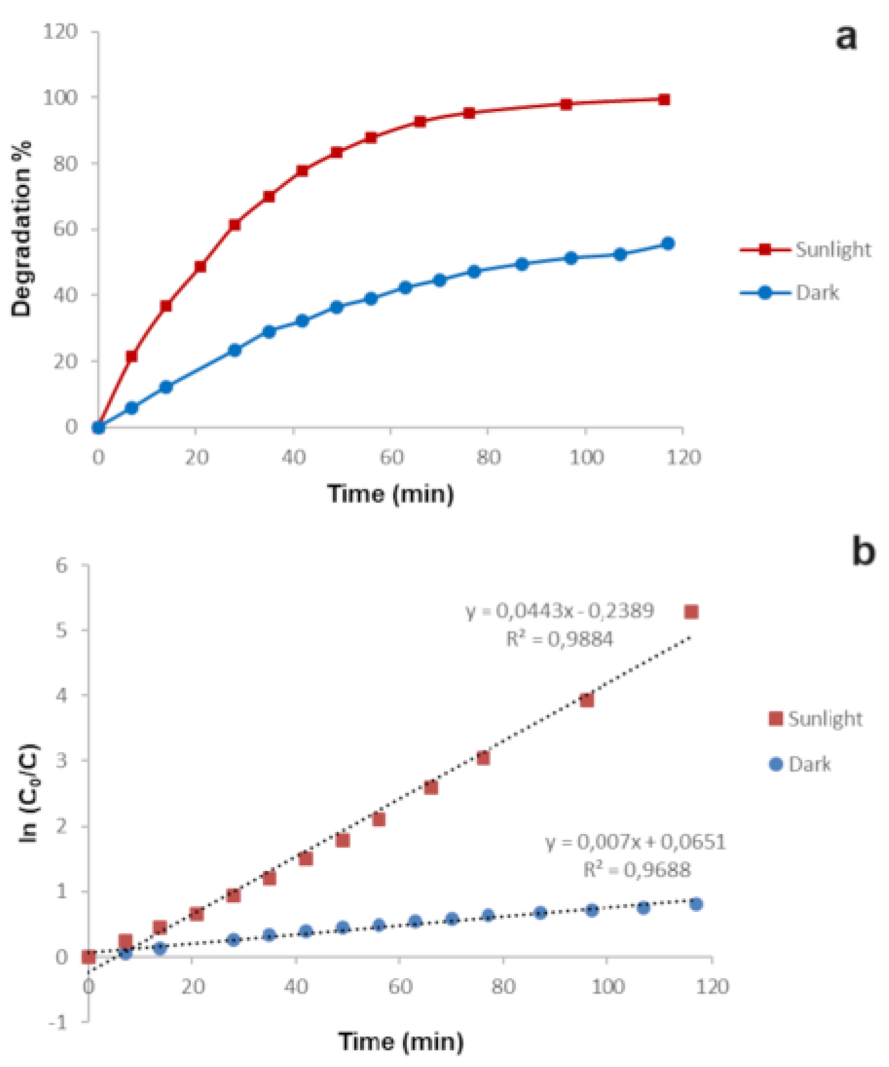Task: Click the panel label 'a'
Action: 846,37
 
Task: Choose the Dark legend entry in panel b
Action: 799,764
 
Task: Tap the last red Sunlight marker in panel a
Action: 664,99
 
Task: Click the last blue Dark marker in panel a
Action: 668,243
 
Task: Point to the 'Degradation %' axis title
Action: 21,228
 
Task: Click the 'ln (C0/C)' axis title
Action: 29,792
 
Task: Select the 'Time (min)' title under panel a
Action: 391,494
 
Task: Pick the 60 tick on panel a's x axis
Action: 391,458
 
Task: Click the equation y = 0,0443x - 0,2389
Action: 559,611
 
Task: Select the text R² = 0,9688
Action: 637,870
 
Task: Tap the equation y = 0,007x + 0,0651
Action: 635,842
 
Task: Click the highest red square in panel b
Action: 691,612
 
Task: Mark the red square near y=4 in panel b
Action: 587,700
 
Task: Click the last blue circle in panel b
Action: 696,904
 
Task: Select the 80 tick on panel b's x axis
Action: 504,987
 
